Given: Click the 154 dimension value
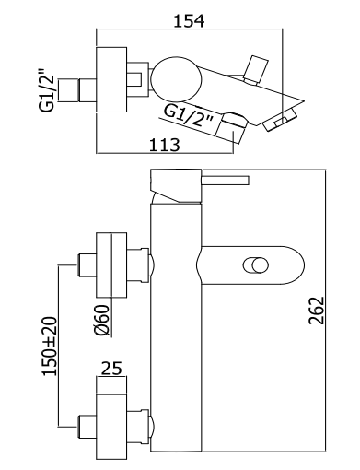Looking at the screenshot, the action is [x=189, y=21].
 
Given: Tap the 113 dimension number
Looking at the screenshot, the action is [x=164, y=145].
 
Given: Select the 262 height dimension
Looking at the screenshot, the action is [x=317, y=310].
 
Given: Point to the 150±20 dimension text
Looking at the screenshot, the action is [x=50, y=346].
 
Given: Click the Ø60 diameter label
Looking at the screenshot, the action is [x=102, y=320].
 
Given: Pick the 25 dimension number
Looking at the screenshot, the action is [x=111, y=368].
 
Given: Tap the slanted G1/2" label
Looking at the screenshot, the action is [x=188, y=116].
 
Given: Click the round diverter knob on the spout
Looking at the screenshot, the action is [x=256, y=265].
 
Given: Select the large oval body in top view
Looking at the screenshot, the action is [x=176, y=79].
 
